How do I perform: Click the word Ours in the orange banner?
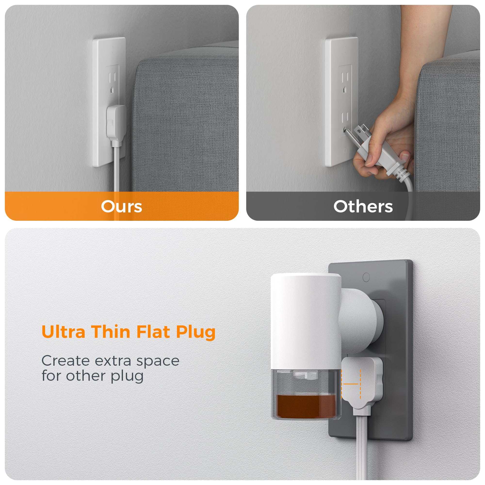[121, 207]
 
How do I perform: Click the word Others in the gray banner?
[363, 207]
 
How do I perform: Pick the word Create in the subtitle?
[65, 361]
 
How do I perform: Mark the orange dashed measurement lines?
[351, 384]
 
